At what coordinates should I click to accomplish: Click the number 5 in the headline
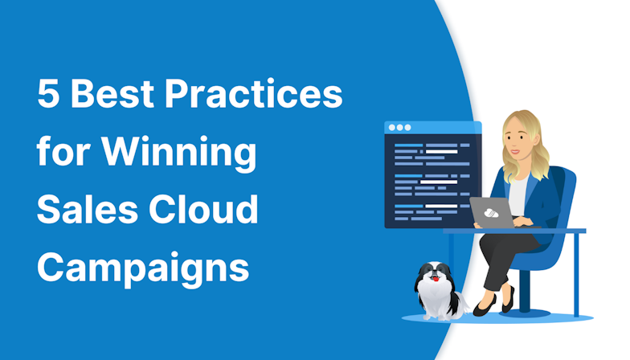coord(49,96)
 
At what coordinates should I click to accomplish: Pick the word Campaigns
coord(143,268)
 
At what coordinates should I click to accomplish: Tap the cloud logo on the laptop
coord(489,211)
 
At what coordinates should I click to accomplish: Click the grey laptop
coord(492,211)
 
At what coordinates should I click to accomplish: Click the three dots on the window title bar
coord(398,127)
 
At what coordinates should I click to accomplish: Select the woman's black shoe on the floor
coord(485,309)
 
